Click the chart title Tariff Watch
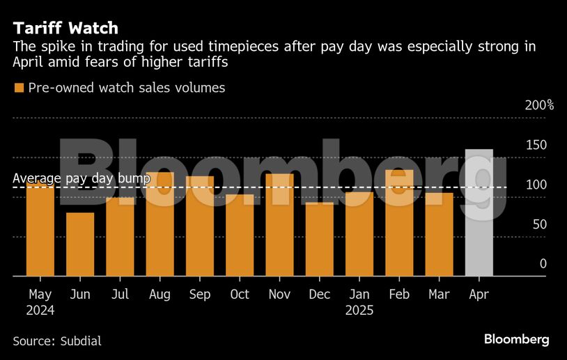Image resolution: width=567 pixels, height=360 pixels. click(65, 29)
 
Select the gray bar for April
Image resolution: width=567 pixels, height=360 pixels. click(479, 212)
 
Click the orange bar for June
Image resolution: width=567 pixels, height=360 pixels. click(80, 244)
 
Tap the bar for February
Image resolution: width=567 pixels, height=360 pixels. click(399, 223)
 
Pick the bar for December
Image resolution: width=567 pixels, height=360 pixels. click(320, 239)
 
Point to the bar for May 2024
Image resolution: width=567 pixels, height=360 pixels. click(40, 230)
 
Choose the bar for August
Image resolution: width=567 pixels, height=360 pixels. click(160, 224)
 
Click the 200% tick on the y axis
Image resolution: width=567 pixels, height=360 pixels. click(538, 105)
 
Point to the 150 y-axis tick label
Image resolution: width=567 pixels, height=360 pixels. click(536, 145)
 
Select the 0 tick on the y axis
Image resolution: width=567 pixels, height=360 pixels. click(543, 264)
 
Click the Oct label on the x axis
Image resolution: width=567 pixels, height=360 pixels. click(240, 295)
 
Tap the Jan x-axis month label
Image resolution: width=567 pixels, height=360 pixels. click(359, 295)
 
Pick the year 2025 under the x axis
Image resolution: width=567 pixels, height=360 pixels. click(359, 311)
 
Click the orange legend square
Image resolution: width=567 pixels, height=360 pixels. click(19, 88)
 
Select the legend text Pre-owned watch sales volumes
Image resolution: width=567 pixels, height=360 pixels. click(126, 88)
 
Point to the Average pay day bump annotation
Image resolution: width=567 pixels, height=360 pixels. click(81, 179)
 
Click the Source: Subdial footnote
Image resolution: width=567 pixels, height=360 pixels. click(57, 341)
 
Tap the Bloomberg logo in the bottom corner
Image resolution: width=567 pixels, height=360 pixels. click(516, 340)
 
